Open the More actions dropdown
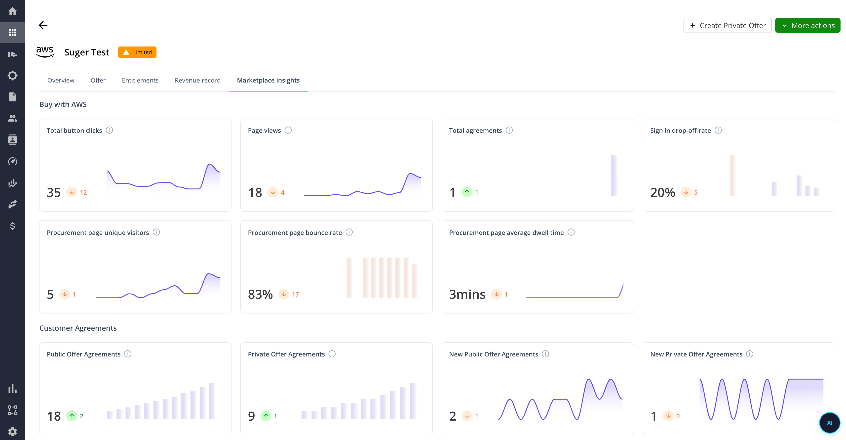[x=807, y=25]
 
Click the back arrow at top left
[x=43, y=25]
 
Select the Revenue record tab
[x=197, y=80]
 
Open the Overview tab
[x=61, y=80]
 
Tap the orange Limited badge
[x=137, y=52]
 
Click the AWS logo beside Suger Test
[x=45, y=52]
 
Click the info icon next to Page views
[x=288, y=130]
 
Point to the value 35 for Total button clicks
[x=54, y=192]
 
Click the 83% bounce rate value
[x=260, y=294]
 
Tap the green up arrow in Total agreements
[x=467, y=192]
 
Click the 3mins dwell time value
[x=467, y=294]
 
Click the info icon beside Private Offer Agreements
[x=332, y=354]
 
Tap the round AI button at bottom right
[x=829, y=423]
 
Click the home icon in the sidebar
[x=12, y=11]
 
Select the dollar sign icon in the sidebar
[x=12, y=226]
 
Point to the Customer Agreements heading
[x=78, y=328]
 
